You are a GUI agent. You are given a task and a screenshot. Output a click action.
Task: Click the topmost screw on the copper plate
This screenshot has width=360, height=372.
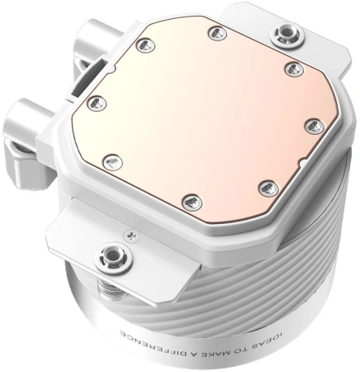(x=216, y=34)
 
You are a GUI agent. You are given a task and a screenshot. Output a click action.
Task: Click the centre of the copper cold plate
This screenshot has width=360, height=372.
(x=202, y=116)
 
